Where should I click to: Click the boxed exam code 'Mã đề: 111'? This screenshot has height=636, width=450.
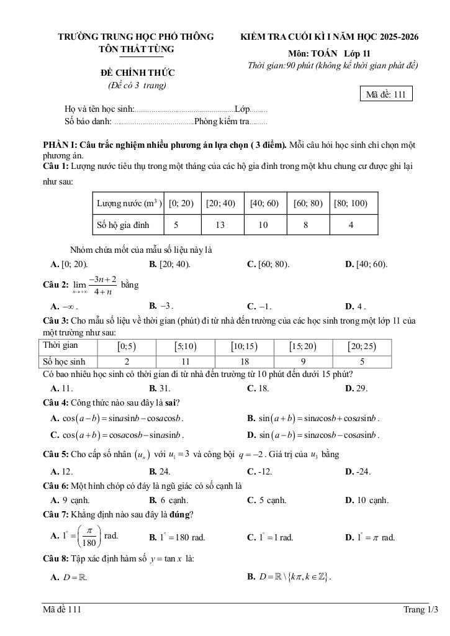(x=385, y=94)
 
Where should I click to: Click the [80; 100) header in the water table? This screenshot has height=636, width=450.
(x=351, y=203)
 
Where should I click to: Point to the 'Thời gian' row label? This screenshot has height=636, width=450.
(x=61, y=346)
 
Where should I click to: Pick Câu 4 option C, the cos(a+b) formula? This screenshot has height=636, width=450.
(x=118, y=434)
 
